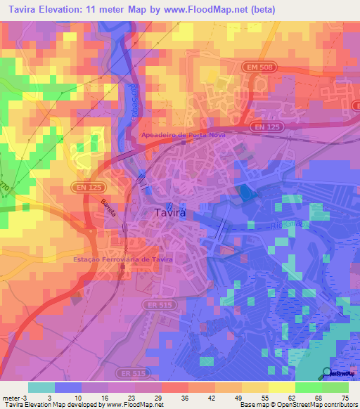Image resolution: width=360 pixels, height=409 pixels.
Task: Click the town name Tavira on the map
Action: (169, 212)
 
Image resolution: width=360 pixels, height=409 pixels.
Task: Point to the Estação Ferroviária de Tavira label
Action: (123, 259)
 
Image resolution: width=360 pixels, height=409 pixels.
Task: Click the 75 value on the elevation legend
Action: (345, 397)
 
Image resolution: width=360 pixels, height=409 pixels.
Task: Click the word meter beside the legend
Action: (11, 397)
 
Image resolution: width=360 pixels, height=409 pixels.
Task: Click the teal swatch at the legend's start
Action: (41, 387)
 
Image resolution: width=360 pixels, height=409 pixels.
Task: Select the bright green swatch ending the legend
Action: (335, 387)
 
